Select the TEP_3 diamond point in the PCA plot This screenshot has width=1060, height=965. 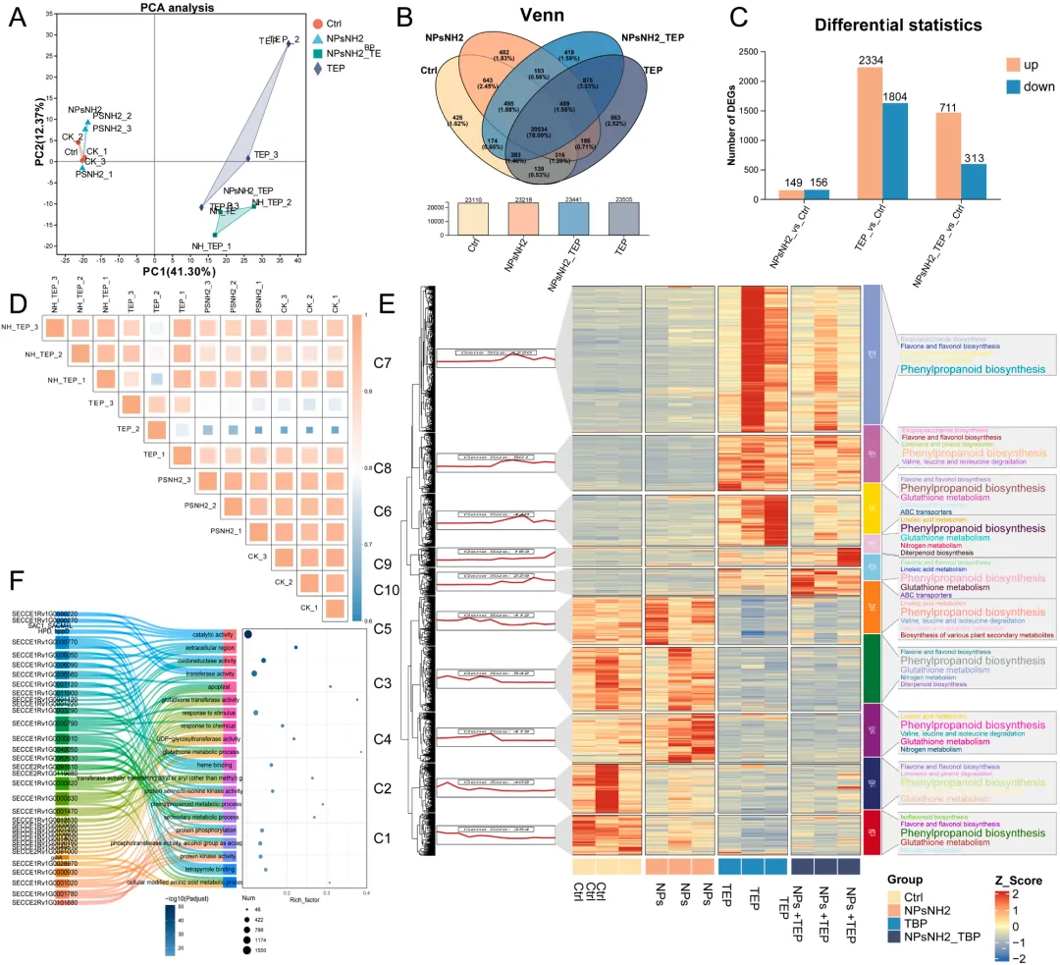click(247, 157)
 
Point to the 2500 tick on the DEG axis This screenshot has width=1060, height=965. click(746, 52)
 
